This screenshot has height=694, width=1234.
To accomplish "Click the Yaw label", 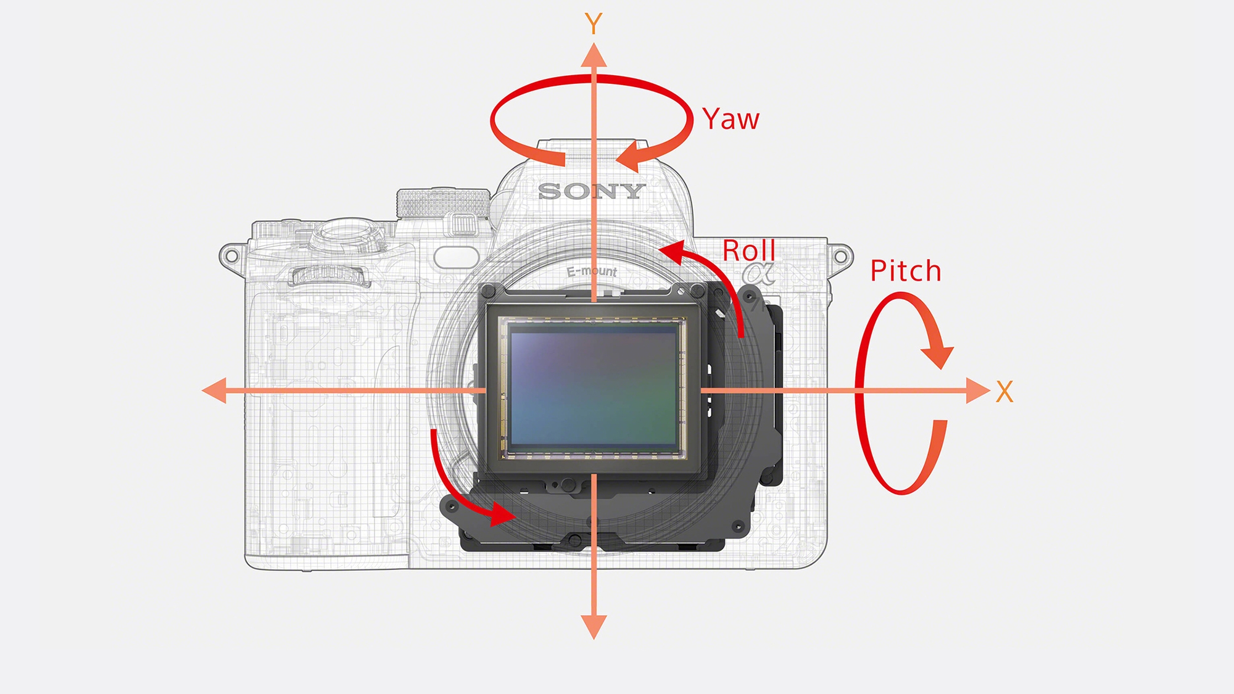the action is [x=731, y=119].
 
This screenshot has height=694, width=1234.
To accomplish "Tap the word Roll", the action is [x=749, y=250].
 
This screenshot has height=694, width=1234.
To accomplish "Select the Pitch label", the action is [x=906, y=271].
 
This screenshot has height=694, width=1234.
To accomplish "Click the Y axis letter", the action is [x=594, y=24].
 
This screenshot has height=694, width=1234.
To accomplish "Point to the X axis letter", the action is [x=1004, y=392].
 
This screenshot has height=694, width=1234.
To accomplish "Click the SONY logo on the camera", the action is [x=592, y=191].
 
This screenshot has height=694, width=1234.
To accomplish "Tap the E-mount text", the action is [x=592, y=271].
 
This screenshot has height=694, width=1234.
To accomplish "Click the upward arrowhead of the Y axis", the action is [x=594, y=55].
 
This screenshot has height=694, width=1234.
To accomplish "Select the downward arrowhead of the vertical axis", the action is [x=594, y=627].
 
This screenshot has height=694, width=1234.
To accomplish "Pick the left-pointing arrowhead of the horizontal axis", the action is [x=214, y=390].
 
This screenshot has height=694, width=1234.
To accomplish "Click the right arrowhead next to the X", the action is [x=979, y=390].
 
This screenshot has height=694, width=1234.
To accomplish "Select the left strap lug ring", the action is [x=231, y=256].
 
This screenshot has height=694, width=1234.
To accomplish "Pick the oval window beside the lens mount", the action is [x=457, y=257].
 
